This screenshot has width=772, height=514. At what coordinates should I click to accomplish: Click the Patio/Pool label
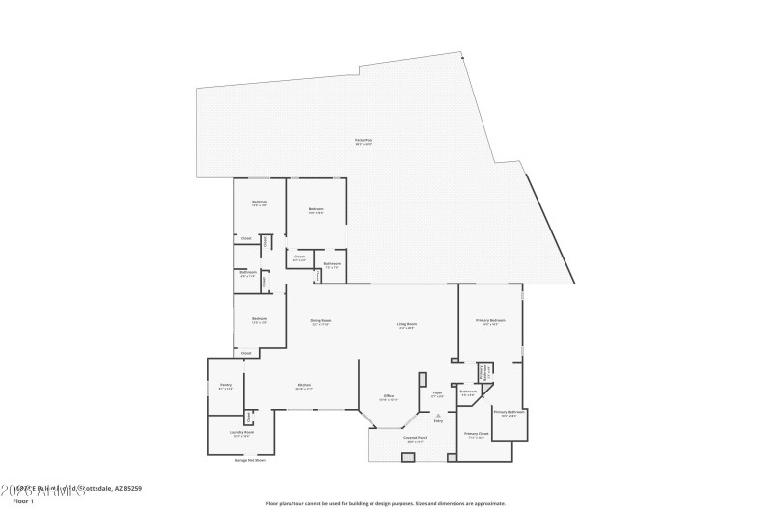point(363,142)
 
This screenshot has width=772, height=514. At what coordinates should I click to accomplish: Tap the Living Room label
point(406,325)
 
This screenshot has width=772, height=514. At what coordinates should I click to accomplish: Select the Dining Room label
point(320,321)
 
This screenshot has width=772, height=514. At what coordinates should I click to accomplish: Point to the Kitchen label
point(304,386)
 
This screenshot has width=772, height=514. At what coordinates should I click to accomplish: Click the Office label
point(388,396)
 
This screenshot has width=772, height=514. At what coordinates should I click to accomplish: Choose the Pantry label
point(225,386)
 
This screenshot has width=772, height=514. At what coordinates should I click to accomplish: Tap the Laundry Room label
point(242,433)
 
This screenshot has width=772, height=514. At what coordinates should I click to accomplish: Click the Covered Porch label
point(415,439)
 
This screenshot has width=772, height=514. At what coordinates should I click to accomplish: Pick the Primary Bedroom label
point(490,321)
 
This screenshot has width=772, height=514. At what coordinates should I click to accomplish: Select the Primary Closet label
point(476,435)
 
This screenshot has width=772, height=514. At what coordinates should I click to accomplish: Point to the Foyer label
point(437,393)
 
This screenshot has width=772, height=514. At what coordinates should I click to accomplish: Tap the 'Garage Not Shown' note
point(250,460)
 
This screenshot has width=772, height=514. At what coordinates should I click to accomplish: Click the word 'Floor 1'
point(23,501)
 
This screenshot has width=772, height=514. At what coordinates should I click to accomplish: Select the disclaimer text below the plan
point(385,503)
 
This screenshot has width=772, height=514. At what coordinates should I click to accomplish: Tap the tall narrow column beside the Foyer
point(423,391)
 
